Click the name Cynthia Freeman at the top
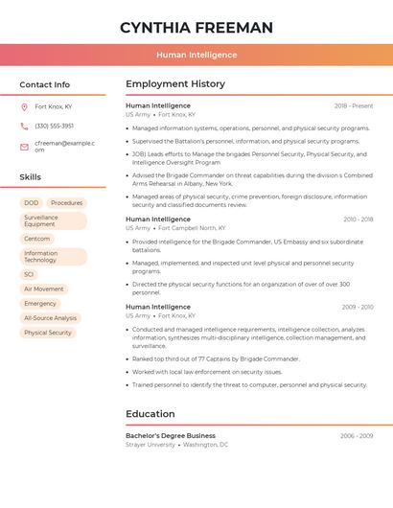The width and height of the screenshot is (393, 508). [196, 27]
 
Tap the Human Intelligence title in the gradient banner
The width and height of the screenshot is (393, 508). [196, 55]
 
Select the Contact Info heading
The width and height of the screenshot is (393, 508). [45, 84]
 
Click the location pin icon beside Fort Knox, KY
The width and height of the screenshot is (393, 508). [24, 107]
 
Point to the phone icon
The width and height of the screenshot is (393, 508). [24, 127]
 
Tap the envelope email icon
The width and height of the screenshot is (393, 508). [24, 147]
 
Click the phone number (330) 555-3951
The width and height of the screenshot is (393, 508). [54, 127]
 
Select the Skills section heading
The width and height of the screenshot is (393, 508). [31, 177]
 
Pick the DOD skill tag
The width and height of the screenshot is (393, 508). [32, 203]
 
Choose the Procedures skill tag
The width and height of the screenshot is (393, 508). [66, 203]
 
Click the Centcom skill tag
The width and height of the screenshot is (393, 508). [37, 239]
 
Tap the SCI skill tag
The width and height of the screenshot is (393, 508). [29, 274]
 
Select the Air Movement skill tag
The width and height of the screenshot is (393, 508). [44, 289]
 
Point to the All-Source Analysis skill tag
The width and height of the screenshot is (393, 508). [51, 318]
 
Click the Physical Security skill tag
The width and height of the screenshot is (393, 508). [48, 333]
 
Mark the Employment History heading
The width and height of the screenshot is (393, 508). [175, 84]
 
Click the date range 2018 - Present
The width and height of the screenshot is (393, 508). [354, 105]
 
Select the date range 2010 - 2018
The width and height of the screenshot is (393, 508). [358, 219]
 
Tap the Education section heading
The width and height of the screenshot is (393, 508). [150, 414]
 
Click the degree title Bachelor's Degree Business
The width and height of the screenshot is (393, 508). [171, 435]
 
